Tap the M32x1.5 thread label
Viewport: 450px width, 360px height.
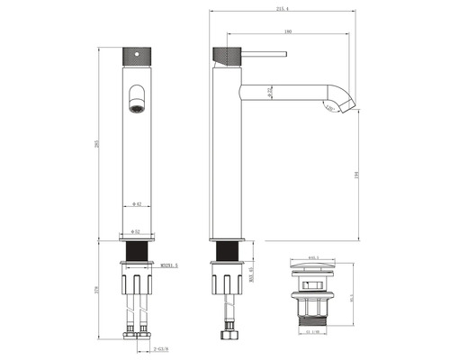[x=168, y=265]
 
